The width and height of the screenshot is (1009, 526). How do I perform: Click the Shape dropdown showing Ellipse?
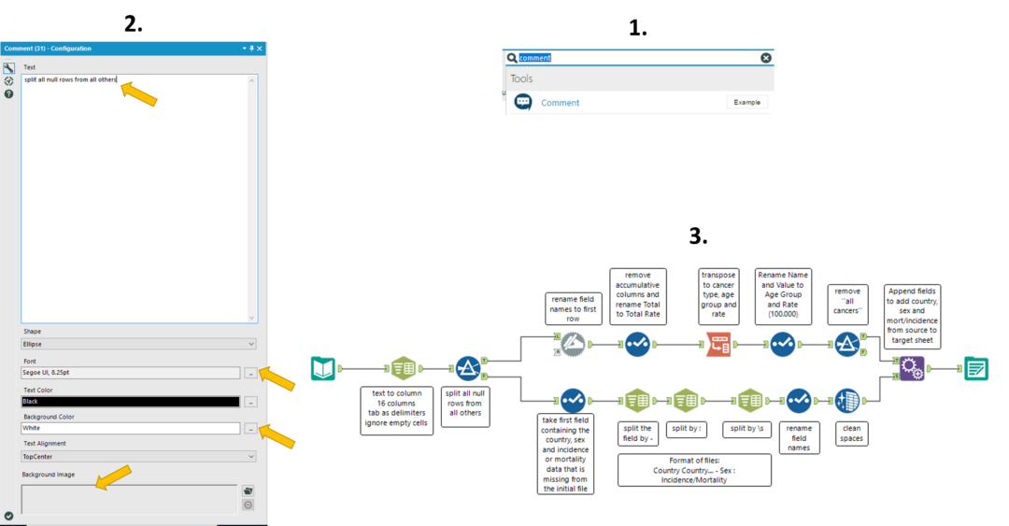(138, 344)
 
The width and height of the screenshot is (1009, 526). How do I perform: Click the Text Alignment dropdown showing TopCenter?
(138, 456)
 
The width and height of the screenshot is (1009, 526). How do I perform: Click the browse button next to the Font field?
(250, 373)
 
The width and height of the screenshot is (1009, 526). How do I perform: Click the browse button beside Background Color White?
(250, 429)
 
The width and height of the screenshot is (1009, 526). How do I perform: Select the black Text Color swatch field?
(130, 401)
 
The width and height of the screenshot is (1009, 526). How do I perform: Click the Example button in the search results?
(746, 102)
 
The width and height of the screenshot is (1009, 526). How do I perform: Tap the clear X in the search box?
(766, 58)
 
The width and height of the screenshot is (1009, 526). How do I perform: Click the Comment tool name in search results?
(560, 103)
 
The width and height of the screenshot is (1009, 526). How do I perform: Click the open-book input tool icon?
(323, 369)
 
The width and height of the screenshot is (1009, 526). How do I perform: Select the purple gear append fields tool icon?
(913, 369)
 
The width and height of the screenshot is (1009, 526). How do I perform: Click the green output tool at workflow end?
(976, 369)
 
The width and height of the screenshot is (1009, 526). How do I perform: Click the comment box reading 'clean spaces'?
(850, 434)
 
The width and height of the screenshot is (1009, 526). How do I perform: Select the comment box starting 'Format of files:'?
(694, 470)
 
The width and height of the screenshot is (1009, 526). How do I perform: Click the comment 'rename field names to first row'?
(575, 307)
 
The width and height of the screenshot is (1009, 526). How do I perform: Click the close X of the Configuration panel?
(260, 48)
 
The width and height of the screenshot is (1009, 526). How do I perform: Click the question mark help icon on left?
(8, 93)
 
